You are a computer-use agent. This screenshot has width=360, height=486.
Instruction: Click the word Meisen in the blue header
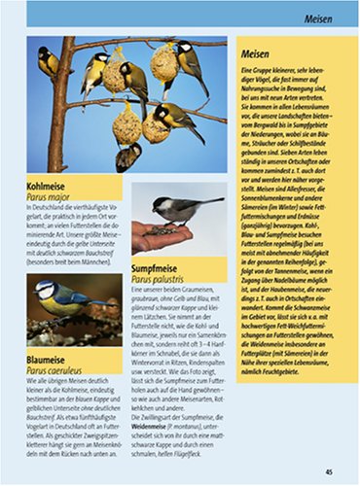tap(322, 17)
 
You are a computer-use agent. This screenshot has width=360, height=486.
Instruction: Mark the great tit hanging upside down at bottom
tap(127, 156)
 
